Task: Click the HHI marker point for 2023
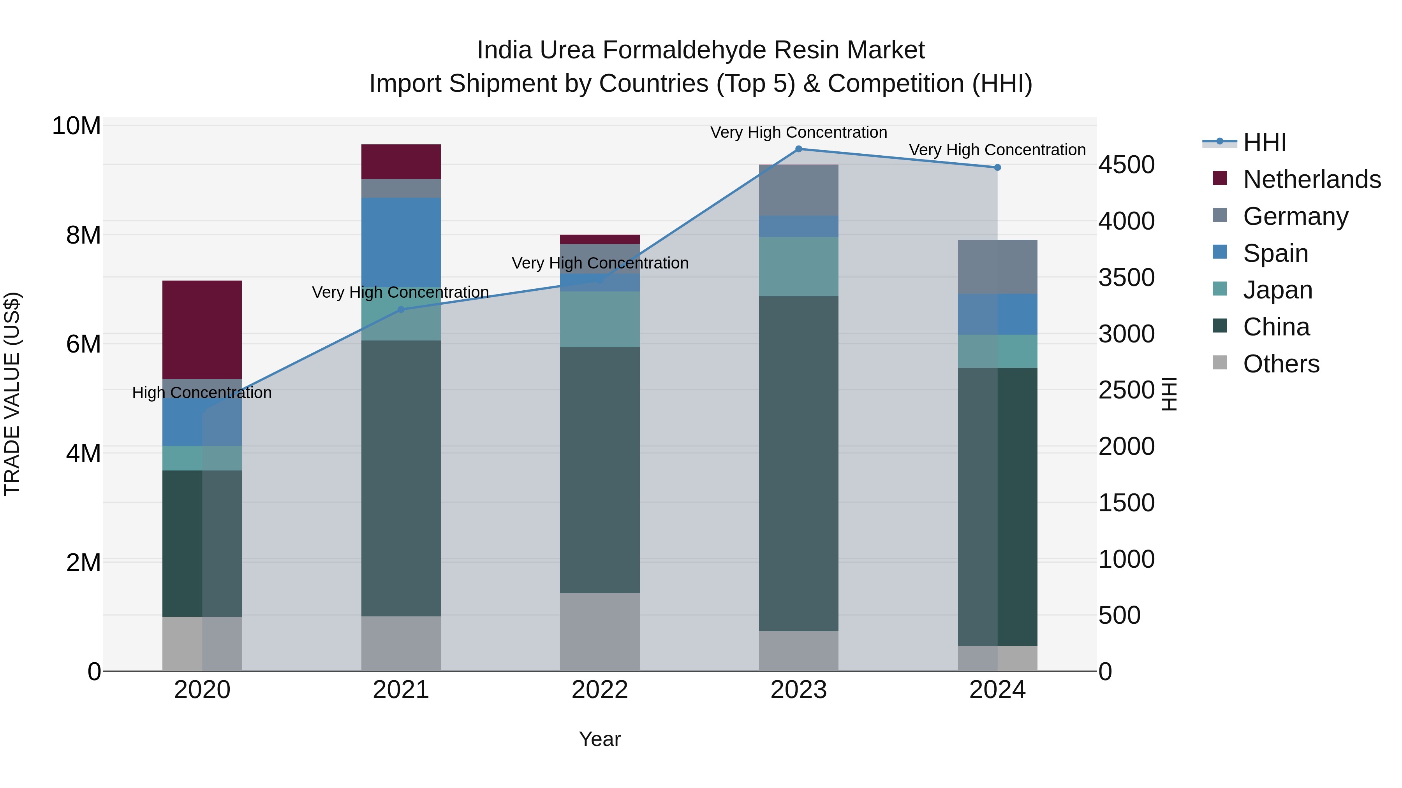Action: coord(798,149)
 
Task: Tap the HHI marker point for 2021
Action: coord(401,309)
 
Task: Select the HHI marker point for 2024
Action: coord(997,167)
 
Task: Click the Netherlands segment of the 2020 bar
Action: coord(202,330)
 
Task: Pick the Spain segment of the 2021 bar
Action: coord(401,242)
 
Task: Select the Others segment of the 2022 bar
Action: coord(600,632)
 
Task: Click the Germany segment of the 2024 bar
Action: coord(997,267)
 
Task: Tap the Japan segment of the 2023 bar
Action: coord(798,267)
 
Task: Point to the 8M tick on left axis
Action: coord(83,235)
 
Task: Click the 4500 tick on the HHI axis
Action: coord(1126,165)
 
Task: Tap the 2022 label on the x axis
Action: coord(600,690)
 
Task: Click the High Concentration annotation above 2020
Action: coord(202,393)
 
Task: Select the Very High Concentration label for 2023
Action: coord(798,132)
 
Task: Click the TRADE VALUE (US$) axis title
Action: coord(12,394)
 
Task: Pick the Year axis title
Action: coord(600,739)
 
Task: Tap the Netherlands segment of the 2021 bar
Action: coord(401,161)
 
